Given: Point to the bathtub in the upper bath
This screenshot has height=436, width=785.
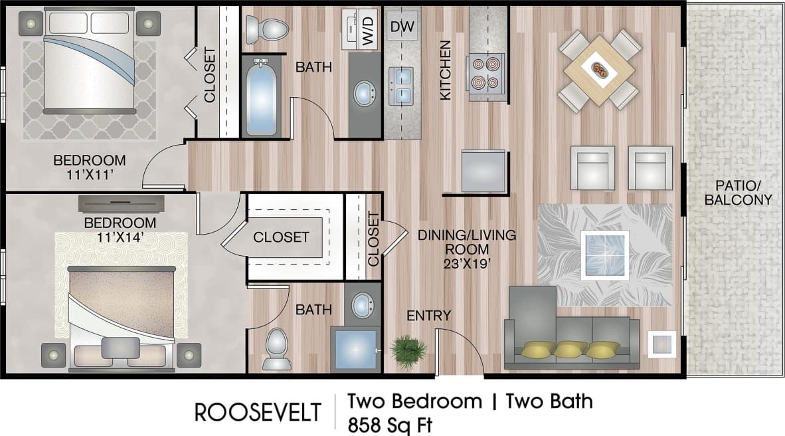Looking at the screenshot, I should pyautogui.click(x=261, y=96).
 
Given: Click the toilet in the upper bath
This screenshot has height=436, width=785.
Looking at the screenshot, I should pyautogui.click(x=268, y=29).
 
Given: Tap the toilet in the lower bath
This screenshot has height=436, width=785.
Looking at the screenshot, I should pyautogui.click(x=276, y=347).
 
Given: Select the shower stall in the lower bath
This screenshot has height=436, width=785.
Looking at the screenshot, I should pyautogui.click(x=356, y=349).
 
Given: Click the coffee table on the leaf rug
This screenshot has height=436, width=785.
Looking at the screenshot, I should pyautogui.click(x=604, y=255).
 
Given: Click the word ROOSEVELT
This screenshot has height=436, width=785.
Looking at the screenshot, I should pyautogui.click(x=258, y=412).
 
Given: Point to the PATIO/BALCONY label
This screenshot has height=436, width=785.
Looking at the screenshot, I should pyautogui.click(x=738, y=191).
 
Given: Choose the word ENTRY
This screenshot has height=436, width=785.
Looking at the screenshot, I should pyautogui.click(x=429, y=316).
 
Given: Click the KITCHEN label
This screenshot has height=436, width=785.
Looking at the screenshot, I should pyautogui.click(x=445, y=70).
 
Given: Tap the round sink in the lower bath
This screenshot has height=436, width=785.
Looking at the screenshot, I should pyautogui.click(x=363, y=305).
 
